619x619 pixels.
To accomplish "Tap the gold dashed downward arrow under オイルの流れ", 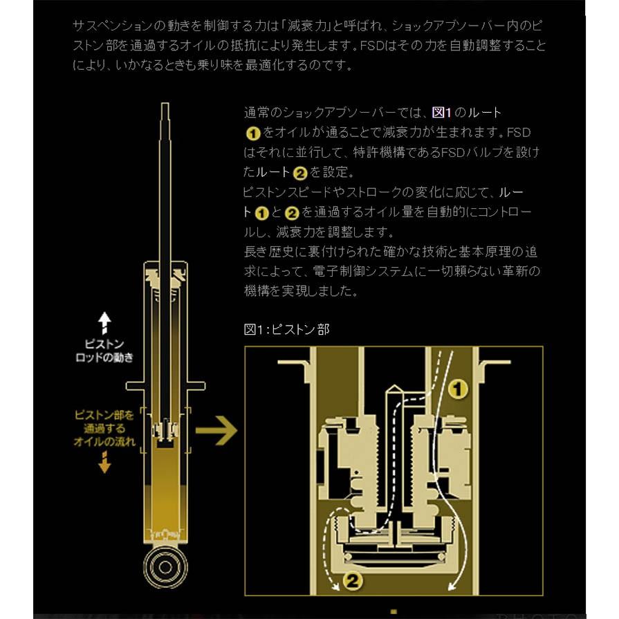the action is tap(104, 461).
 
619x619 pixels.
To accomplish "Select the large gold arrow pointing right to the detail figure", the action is tap(216, 432).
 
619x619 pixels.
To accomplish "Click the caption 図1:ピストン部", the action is tap(286, 329).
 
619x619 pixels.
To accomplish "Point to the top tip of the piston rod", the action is tap(165, 106).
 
